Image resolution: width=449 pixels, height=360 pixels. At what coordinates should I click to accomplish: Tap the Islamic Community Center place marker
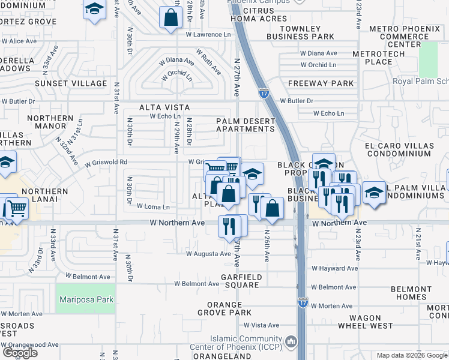pyautogui.click(x=291, y=341)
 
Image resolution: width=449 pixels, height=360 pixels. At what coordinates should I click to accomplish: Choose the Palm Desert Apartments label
pyautogui.click(x=245, y=125)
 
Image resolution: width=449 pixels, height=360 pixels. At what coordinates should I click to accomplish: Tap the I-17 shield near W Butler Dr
pyautogui.click(x=265, y=93)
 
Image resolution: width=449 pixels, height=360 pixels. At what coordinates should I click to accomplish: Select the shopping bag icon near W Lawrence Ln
pyautogui.click(x=171, y=17)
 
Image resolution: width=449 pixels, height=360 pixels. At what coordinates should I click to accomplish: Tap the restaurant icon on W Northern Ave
pyautogui.click(x=229, y=225)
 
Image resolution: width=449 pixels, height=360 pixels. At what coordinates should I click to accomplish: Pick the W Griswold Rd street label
pyautogui.click(x=106, y=162)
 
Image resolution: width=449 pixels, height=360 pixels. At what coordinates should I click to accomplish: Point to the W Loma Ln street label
pyautogui.click(x=153, y=206)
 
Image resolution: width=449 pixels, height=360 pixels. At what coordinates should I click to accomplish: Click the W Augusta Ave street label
pyautogui.click(x=208, y=254)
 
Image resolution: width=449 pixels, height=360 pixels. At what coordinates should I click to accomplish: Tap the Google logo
pyautogui.click(x=20, y=353)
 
